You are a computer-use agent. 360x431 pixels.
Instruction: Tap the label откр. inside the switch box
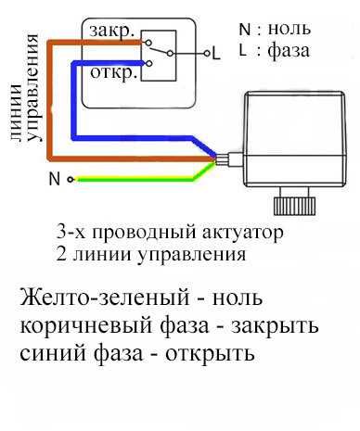pyautogui.click(x=114, y=71)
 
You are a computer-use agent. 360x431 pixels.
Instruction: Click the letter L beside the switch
pyautogui.click(x=216, y=55)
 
